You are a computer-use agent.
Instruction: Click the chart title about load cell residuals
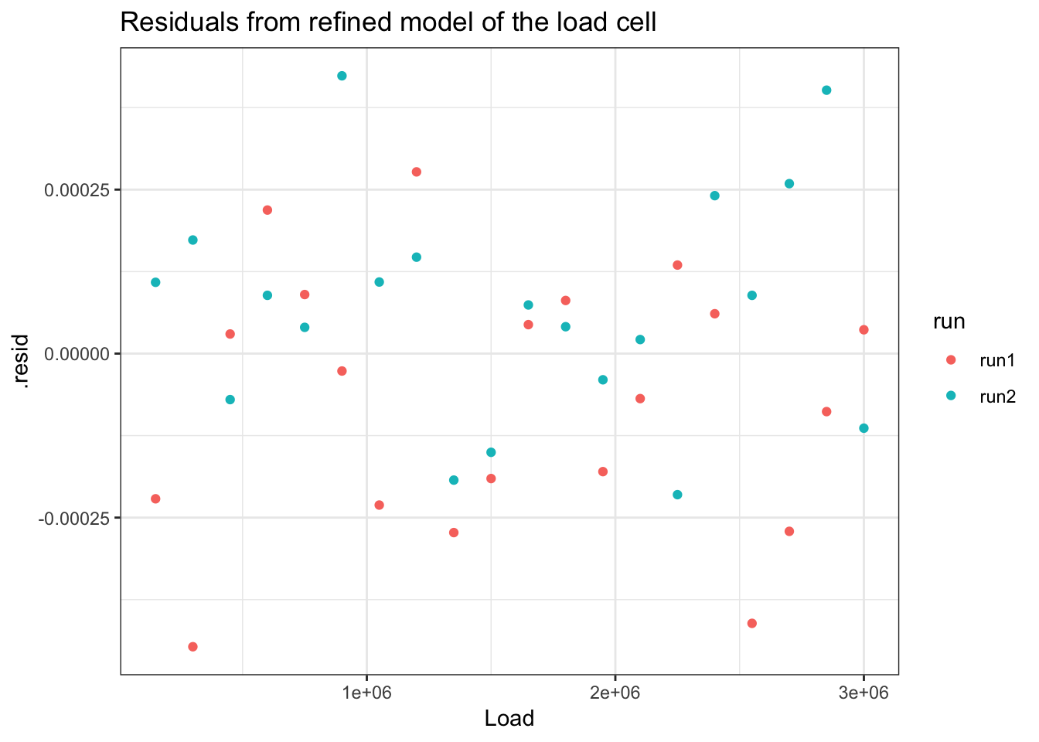(x=388, y=23)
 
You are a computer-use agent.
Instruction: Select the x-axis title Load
(x=509, y=719)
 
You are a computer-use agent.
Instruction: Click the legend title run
(x=949, y=322)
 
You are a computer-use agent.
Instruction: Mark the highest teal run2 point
(x=342, y=76)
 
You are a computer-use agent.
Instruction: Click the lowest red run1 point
(x=193, y=646)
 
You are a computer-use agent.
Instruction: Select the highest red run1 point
(x=417, y=172)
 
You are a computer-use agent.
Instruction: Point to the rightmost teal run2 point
(x=864, y=428)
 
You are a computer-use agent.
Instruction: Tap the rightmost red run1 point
(x=864, y=330)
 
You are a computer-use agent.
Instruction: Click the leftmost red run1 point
(x=155, y=499)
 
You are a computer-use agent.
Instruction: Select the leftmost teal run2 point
(x=155, y=282)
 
